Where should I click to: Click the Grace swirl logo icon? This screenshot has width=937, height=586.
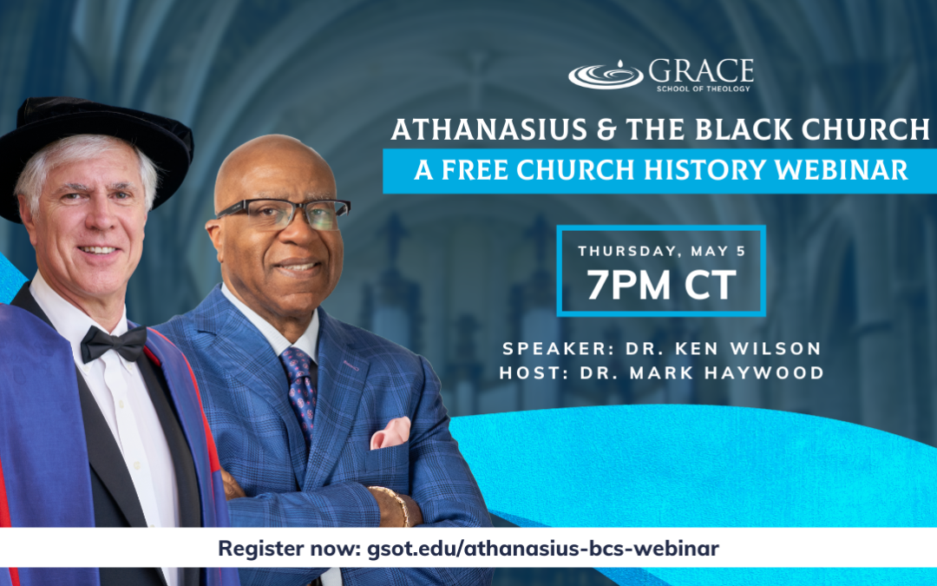click(x=606, y=76)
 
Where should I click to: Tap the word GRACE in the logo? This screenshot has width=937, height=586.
click(x=701, y=71)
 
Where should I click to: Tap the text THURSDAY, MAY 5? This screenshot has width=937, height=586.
click(x=661, y=251)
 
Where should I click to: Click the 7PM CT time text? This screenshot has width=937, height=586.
click(x=661, y=285)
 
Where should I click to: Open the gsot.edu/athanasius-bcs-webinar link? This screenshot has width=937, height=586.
click(x=542, y=549)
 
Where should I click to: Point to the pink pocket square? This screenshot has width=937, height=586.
click(x=390, y=433)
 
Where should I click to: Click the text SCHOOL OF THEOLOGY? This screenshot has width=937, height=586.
click(x=703, y=89)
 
